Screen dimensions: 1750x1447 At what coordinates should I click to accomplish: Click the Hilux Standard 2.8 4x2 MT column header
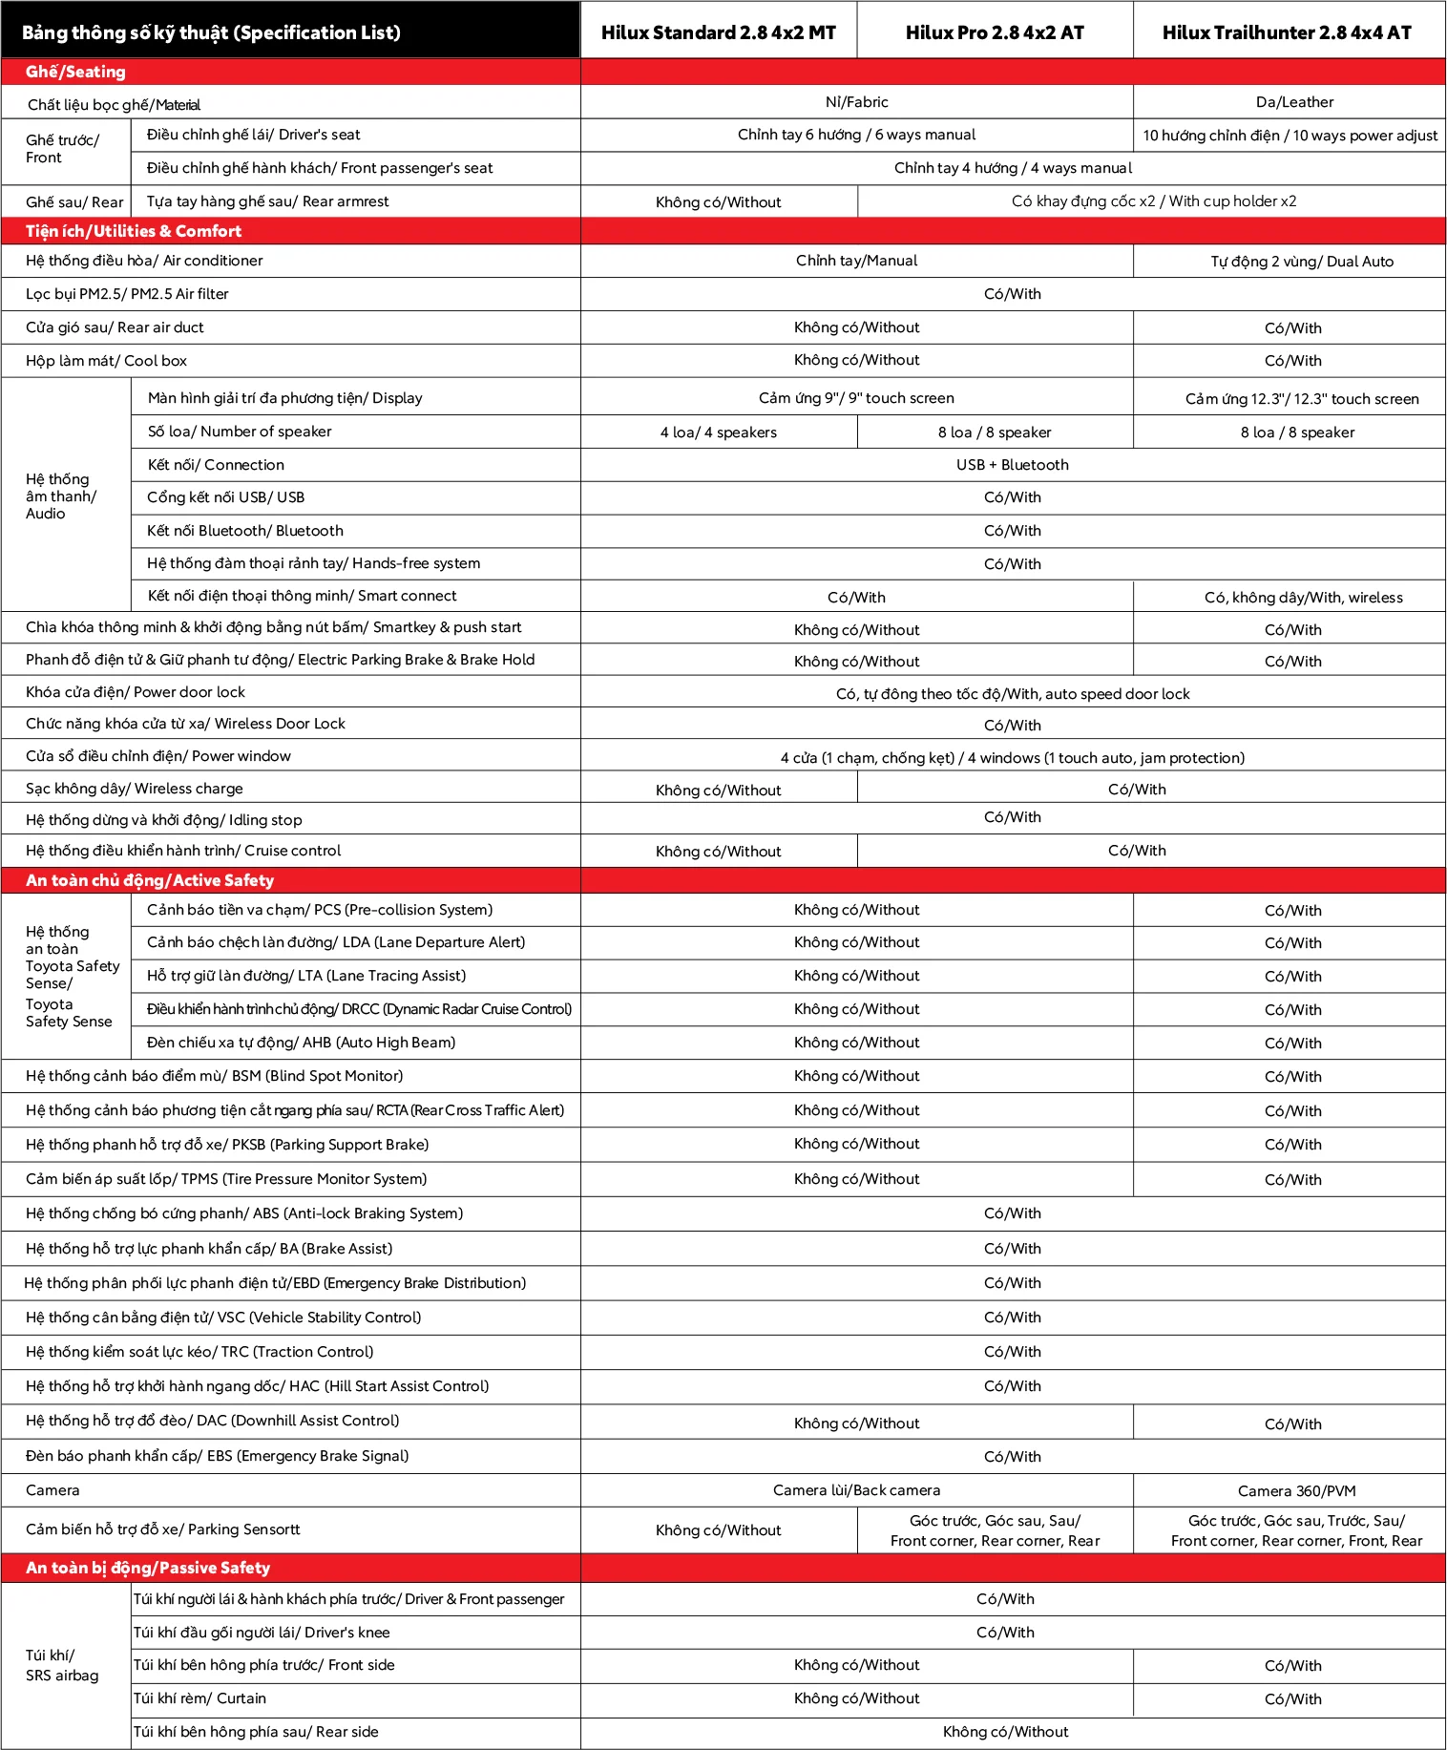tap(718, 32)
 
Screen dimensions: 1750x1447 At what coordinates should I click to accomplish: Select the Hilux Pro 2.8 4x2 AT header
tap(995, 32)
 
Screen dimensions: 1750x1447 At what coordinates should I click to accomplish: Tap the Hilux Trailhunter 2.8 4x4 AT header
tap(1287, 32)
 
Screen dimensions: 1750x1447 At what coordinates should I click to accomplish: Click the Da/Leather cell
tap(1294, 102)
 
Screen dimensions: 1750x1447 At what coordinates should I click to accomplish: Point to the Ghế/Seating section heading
tap(75, 72)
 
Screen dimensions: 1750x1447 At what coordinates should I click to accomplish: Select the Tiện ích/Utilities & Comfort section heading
tap(134, 231)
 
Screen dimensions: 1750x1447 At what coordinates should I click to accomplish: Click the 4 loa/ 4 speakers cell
tap(718, 432)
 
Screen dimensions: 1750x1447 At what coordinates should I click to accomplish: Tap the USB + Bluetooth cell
tap(1012, 465)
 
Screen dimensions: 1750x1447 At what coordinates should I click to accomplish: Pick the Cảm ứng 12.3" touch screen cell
tap(1301, 399)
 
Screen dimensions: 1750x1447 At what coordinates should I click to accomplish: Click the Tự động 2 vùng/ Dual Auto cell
tap(1301, 262)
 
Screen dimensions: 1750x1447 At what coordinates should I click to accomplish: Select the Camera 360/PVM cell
tap(1296, 1491)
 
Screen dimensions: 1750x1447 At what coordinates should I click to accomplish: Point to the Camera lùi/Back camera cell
tap(856, 1490)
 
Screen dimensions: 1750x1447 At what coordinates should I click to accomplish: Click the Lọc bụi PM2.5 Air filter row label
tap(127, 294)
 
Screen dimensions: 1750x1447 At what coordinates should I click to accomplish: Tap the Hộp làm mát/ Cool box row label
tap(106, 361)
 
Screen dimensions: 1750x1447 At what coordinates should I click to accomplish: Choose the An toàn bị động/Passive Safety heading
tap(148, 1568)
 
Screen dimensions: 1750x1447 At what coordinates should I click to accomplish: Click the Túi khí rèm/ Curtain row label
tap(199, 1698)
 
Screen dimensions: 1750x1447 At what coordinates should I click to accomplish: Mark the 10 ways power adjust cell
tap(1290, 136)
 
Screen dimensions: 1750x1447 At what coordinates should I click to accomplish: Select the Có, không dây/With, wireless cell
tap(1303, 598)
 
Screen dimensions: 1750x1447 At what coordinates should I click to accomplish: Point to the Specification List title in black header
tap(211, 32)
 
